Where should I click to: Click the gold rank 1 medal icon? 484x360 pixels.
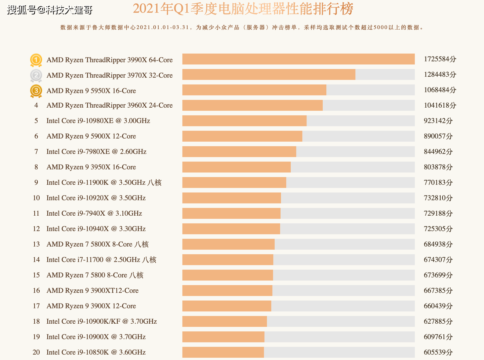[36, 60]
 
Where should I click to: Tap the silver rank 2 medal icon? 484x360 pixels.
[36, 75]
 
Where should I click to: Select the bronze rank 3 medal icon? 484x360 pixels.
[36, 91]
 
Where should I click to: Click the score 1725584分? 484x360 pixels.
[440, 59]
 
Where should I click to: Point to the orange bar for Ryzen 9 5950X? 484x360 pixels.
[254, 90]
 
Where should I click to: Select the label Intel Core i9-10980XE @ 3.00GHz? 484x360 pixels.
[98, 121]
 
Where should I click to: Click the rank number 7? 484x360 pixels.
[36, 152]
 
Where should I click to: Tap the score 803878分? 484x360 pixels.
[438, 167]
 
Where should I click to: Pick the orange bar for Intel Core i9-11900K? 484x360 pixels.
[234, 182]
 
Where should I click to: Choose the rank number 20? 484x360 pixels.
[36, 352]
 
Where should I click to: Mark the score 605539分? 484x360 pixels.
[438, 352]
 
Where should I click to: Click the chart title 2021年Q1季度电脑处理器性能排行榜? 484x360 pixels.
[243, 9]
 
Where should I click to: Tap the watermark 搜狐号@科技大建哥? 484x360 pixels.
[50, 10]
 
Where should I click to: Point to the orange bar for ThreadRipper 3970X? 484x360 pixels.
[269, 74]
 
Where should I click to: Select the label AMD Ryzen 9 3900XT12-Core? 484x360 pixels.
[92, 291]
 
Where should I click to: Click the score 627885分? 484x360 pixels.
[438, 321]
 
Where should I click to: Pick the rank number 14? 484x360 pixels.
[36, 260]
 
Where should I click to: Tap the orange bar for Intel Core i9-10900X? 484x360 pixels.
[223, 337]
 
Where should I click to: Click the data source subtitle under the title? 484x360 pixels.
[242, 28]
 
